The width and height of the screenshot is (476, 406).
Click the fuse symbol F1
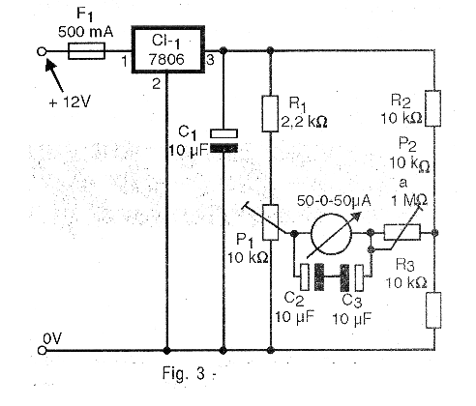pyautogui.click(x=86, y=51)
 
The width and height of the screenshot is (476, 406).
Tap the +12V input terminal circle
pyautogui.click(x=42, y=51)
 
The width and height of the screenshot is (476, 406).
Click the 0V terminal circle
pyautogui.click(x=42, y=350)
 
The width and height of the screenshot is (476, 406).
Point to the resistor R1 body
pyautogui.click(x=270, y=113)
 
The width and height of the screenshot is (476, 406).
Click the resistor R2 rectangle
pyautogui.click(x=433, y=108)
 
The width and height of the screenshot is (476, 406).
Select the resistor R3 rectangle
pyautogui.click(x=433, y=310)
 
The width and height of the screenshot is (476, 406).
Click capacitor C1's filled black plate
pyautogui.click(x=224, y=148)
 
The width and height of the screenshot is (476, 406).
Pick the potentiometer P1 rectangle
pyautogui.click(x=270, y=222)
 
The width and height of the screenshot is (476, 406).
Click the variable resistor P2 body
pyautogui.click(x=402, y=232)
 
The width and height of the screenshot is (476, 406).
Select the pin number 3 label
pyautogui.click(x=210, y=60)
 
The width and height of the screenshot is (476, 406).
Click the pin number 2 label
pyautogui.click(x=157, y=84)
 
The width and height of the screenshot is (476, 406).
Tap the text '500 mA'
pyautogui.click(x=86, y=32)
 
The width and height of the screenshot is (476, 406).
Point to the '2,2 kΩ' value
pyautogui.click(x=304, y=122)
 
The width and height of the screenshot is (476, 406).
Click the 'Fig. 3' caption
pyautogui.click(x=183, y=373)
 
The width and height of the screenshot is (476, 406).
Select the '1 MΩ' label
pyautogui.click(x=409, y=200)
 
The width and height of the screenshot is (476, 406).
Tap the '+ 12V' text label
pyautogui.click(x=70, y=102)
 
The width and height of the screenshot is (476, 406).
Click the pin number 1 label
pyautogui.click(x=125, y=61)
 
